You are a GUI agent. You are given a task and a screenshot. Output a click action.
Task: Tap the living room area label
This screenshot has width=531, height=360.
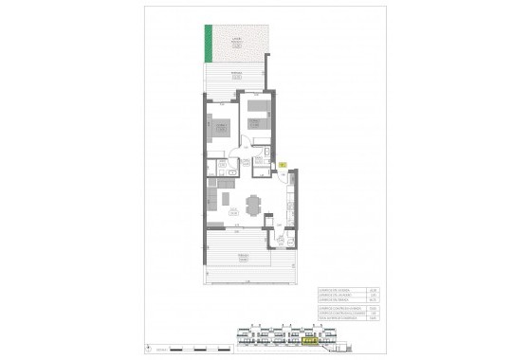[x=233, y=211]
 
